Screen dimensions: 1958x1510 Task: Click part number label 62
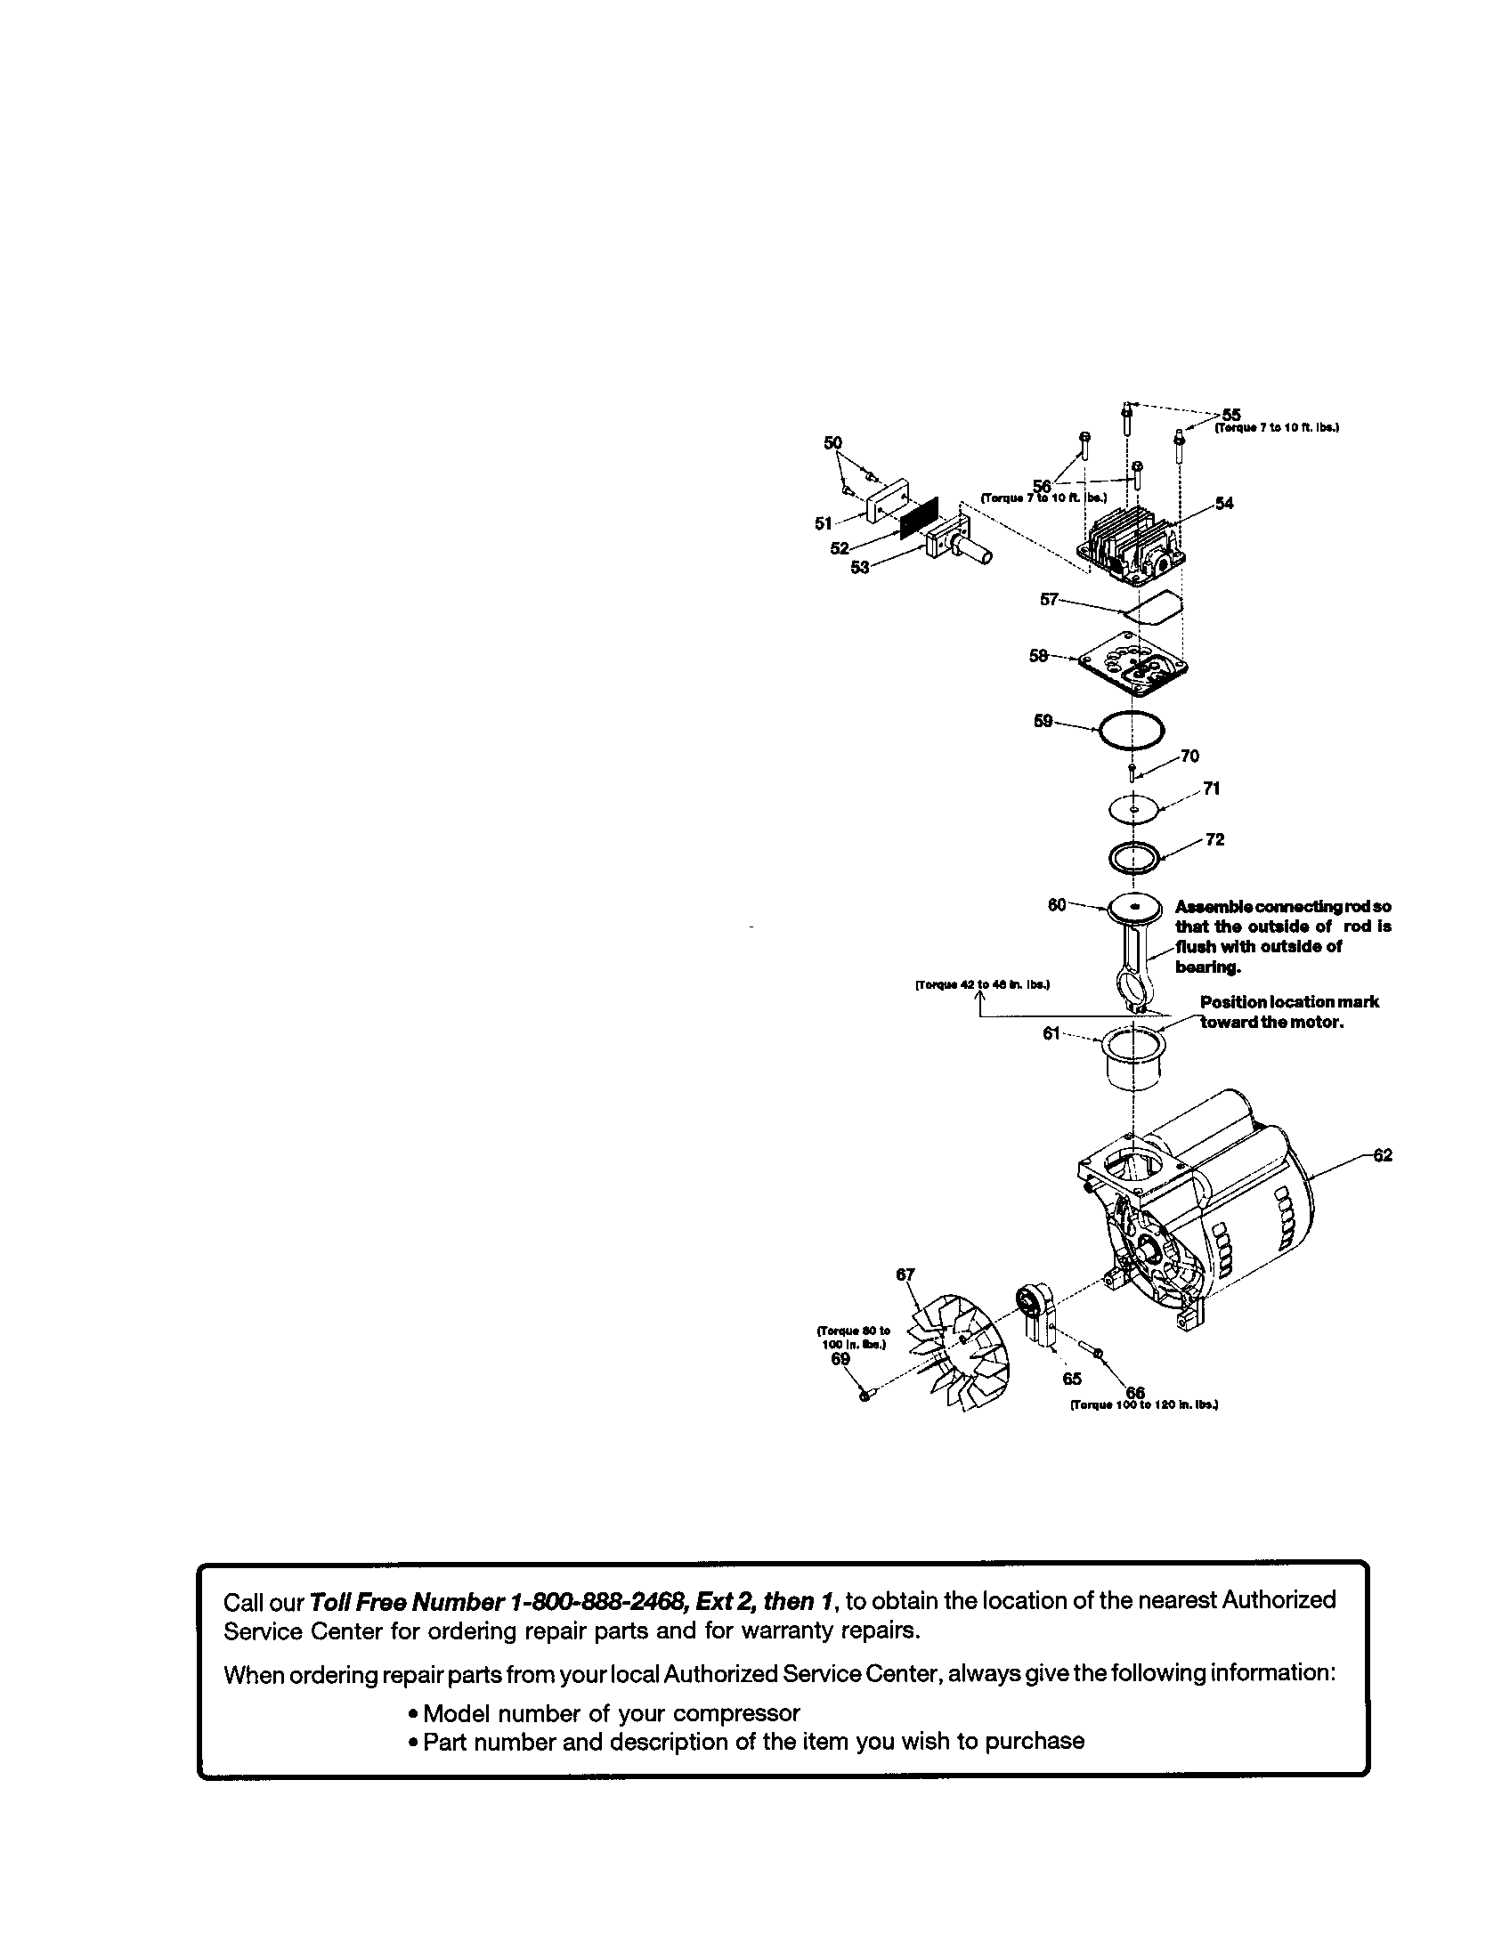(x=1382, y=1155)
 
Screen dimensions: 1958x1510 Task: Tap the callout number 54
(x=1224, y=503)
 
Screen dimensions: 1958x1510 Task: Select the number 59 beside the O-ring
(x=1043, y=721)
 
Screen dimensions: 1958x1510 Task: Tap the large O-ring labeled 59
(x=1130, y=731)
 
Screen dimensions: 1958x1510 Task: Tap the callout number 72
(x=1214, y=840)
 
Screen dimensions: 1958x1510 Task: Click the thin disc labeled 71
(x=1134, y=810)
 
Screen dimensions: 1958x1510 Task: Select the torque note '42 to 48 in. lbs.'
(x=981, y=984)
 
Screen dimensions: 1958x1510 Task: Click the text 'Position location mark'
(x=1288, y=1001)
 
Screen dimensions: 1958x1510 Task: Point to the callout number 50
(x=833, y=443)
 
